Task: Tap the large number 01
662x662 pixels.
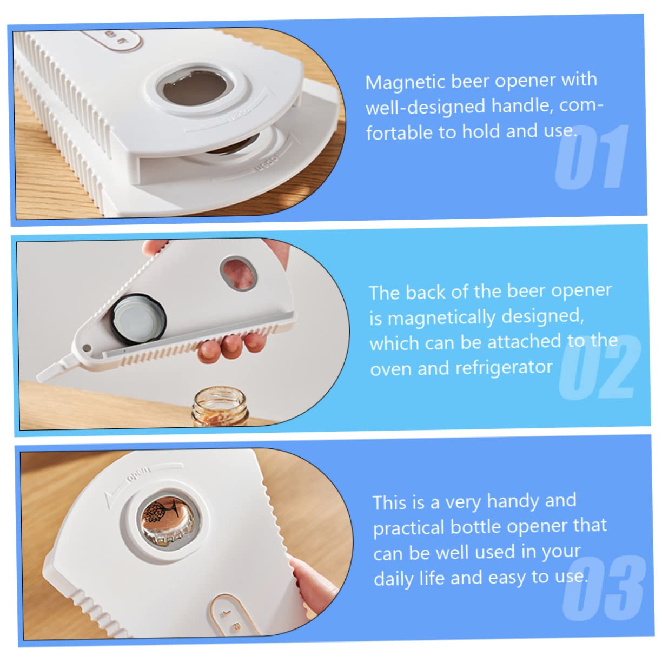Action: (x=592, y=157)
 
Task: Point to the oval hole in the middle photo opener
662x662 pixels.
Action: (x=238, y=273)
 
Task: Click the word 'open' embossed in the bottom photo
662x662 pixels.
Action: (x=138, y=474)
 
